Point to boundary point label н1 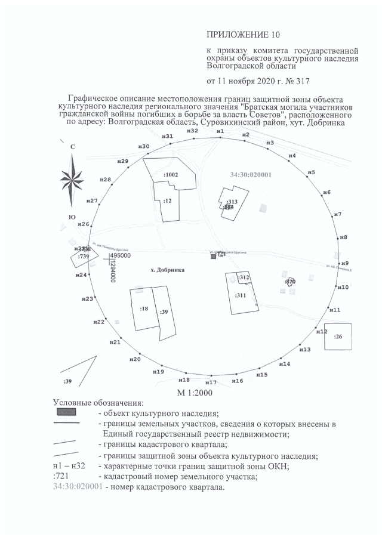220,131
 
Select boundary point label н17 211,382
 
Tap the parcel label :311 241,295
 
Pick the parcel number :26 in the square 338,337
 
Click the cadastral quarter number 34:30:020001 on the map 251,175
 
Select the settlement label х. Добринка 168,270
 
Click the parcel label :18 144,308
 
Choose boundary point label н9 344,263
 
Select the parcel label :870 291,281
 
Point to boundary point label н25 80,248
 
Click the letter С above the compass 72,147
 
